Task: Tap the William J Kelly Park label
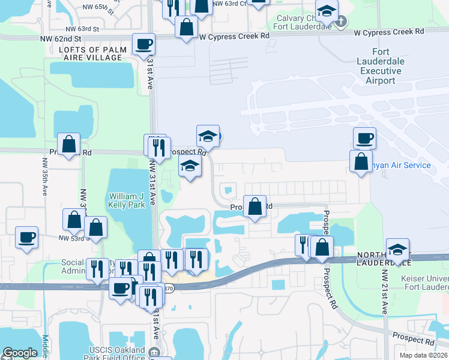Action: click(126, 200)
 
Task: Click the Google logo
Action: click(20, 353)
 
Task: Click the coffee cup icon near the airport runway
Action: click(364, 139)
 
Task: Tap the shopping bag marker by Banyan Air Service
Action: click(361, 161)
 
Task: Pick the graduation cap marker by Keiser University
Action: click(397, 249)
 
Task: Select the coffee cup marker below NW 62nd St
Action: click(144, 44)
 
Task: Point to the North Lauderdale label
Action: click(384, 258)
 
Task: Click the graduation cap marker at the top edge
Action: click(327, 11)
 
